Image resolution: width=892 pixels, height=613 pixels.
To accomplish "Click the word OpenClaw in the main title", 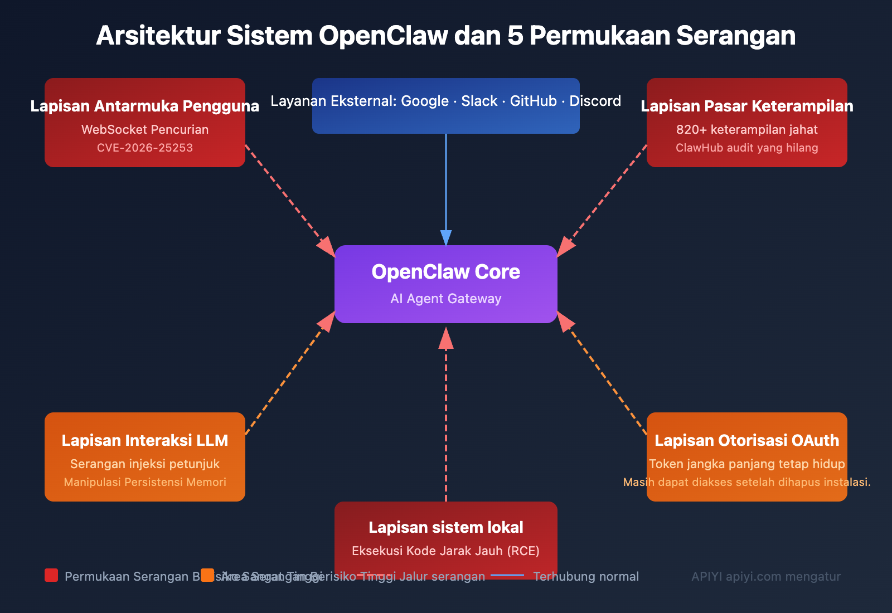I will (x=383, y=36).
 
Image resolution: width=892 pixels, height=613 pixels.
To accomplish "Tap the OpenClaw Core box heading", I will (x=446, y=272).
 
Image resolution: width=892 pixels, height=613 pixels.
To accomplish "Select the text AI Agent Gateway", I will (x=446, y=299).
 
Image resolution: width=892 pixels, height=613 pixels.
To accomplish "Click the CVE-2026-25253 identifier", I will (x=145, y=148).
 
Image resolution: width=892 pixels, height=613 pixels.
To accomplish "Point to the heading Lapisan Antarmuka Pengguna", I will (x=145, y=106).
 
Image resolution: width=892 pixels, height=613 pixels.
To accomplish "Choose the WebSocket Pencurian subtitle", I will (x=145, y=129).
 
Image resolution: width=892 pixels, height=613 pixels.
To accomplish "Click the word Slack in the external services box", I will (x=479, y=101).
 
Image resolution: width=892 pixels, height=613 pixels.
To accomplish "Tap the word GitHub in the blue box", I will (x=533, y=101).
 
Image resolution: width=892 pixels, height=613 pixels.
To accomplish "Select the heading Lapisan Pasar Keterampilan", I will (x=747, y=106).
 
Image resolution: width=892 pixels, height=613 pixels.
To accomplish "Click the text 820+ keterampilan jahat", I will (x=747, y=129).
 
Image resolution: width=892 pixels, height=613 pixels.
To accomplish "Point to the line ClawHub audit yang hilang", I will (x=747, y=148).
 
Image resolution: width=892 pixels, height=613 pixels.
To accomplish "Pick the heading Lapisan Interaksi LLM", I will (x=145, y=440).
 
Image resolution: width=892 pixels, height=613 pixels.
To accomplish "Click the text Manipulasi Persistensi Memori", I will (x=145, y=482).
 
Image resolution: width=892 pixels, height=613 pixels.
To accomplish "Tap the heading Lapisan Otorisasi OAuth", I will (x=747, y=440).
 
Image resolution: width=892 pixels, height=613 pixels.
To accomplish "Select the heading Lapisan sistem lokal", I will (x=446, y=527).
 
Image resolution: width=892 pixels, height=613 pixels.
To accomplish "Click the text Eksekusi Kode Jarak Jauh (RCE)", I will (x=446, y=551).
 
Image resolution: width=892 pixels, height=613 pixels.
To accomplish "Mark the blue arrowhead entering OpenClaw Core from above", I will (x=446, y=238).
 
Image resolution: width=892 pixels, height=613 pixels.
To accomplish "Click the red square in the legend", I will (x=51, y=575).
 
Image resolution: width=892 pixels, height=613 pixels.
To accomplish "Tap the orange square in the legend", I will (x=207, y=575).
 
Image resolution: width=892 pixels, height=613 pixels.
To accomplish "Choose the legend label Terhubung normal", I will (x=586, y=576).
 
